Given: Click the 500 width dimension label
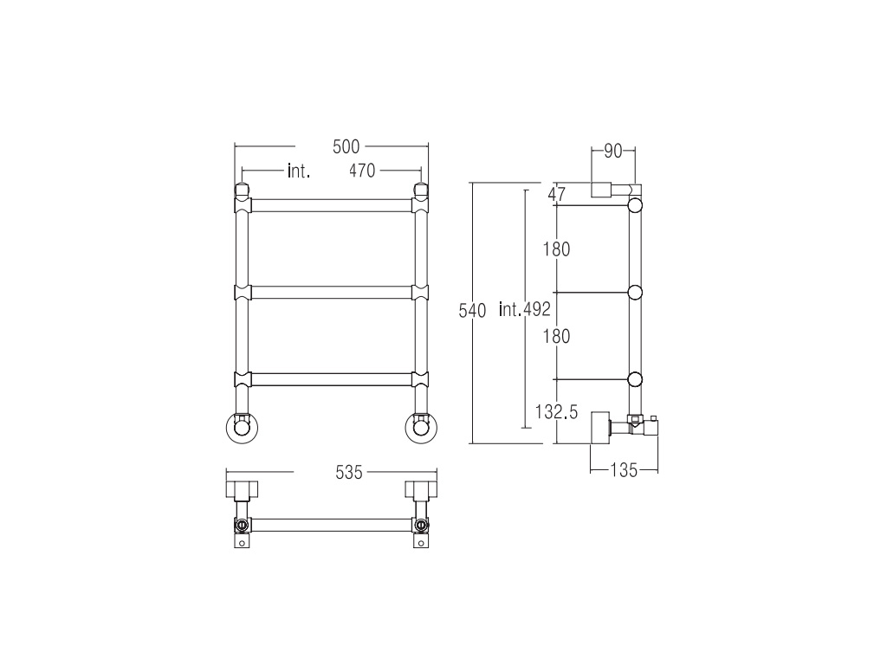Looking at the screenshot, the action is click(x=346, y=147).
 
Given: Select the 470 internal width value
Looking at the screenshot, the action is click(x=362, y=171).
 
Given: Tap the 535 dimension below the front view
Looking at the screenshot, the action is click(x=348, y=472).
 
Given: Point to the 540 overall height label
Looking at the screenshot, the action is click(x=472, y=311).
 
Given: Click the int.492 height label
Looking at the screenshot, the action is click(x=524, y=309).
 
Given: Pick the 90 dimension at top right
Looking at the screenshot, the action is click(x=613, y=152).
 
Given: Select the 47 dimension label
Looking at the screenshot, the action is click(x=557, y=195).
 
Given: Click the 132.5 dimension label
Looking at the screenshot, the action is click(x=557, y=412).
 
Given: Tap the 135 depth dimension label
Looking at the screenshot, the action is click(x=624, y=470).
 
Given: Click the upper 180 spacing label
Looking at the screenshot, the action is click(x=557, y=249).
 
